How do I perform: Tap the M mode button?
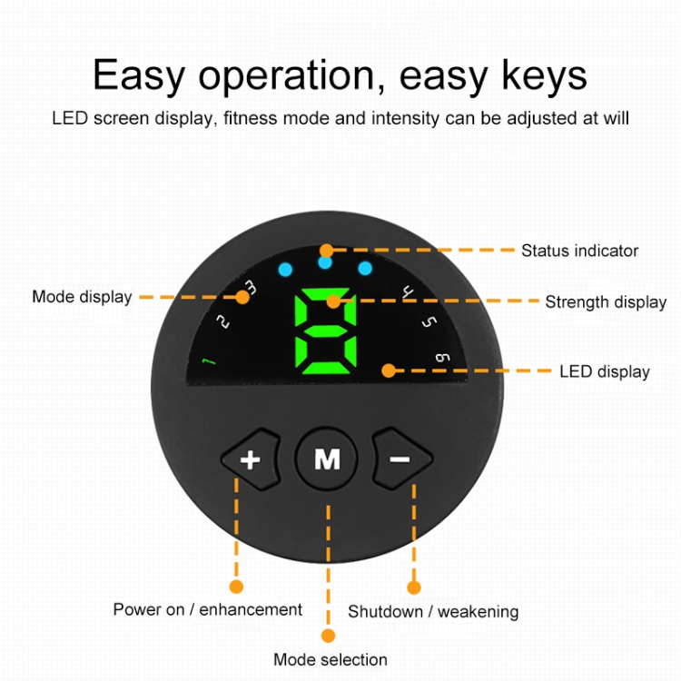[x=327, y=459]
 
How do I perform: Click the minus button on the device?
[x=400, y=459]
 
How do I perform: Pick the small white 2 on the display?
[x=223, y=321]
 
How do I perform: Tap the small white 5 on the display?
[x=429, y=321]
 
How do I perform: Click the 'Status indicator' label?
[x=579, y=251]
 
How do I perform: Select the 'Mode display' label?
[x=82, y=297]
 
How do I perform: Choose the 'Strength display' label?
[x=606, y=302]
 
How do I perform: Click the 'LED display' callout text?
[x=605, y=371]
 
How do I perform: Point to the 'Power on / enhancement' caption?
[x=208, y=609]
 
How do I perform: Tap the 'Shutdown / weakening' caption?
[x=433, y=611]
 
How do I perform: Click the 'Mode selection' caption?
[x=331, y=660]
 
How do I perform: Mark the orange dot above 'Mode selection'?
[x=328, y=636]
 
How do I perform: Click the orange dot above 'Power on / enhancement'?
[x=237, y=587]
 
